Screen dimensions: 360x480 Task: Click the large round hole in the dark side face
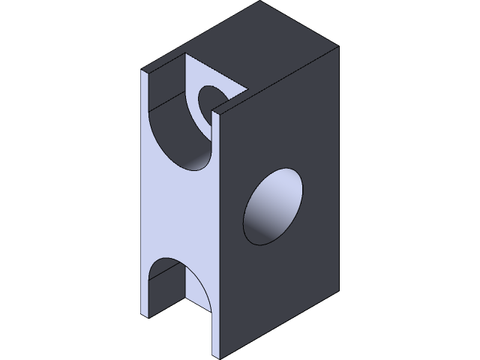(273, 205)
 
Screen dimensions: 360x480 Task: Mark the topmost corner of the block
(262, 1)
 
